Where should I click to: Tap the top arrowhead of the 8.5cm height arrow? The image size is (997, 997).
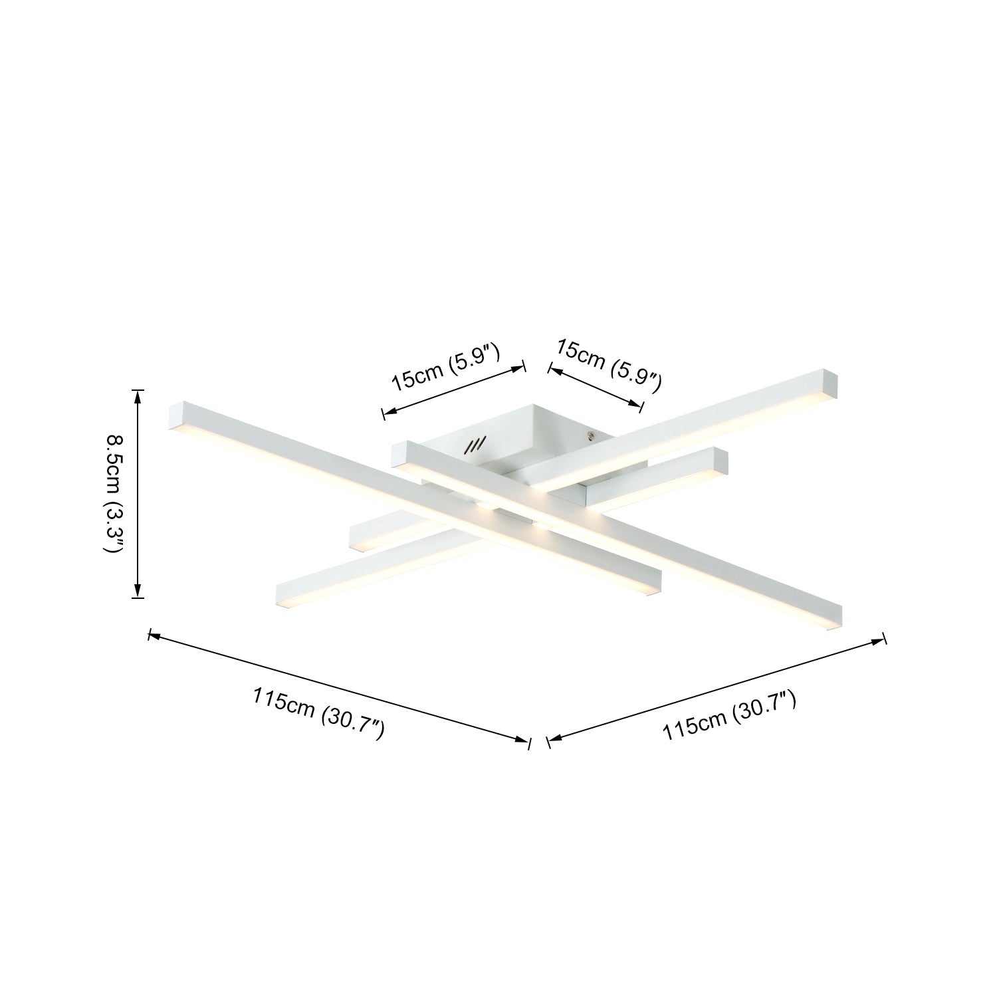138,396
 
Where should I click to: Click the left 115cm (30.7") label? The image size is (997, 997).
319,714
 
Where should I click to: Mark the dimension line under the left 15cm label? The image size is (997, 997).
454,389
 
